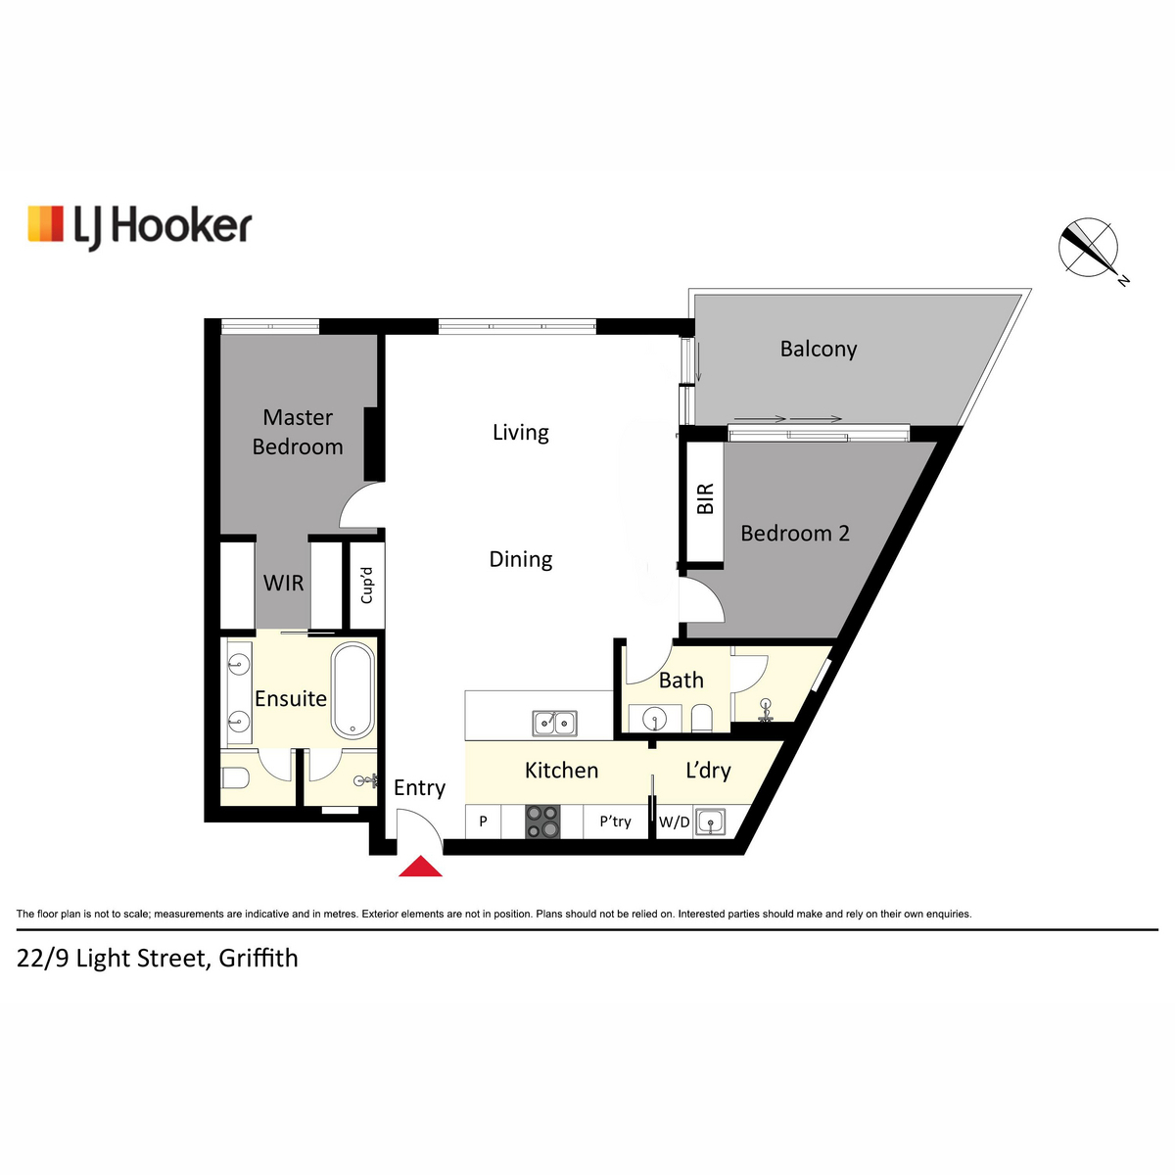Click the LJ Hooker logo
pos(140,227)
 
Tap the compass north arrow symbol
pos(1089,248)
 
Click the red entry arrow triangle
pos(420,866)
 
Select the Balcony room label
pos(819,349)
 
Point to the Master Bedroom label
pos(298,432)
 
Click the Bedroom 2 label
pos(795,534)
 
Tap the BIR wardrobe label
pos(705,498)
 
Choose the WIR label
pos(284,583)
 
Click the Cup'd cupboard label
pos(366,586)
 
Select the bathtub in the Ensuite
pos(352,690)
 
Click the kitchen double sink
pos(554,724)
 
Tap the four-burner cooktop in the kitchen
pos(542,822)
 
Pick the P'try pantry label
pos(615,822)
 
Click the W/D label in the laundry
pos(675,822)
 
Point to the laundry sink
pos(710,822)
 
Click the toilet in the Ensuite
pos(235,778)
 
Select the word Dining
pos(521,559)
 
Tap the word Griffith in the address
pos(258,958)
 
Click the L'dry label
pos(708,771)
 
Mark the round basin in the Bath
pos(655,719)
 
